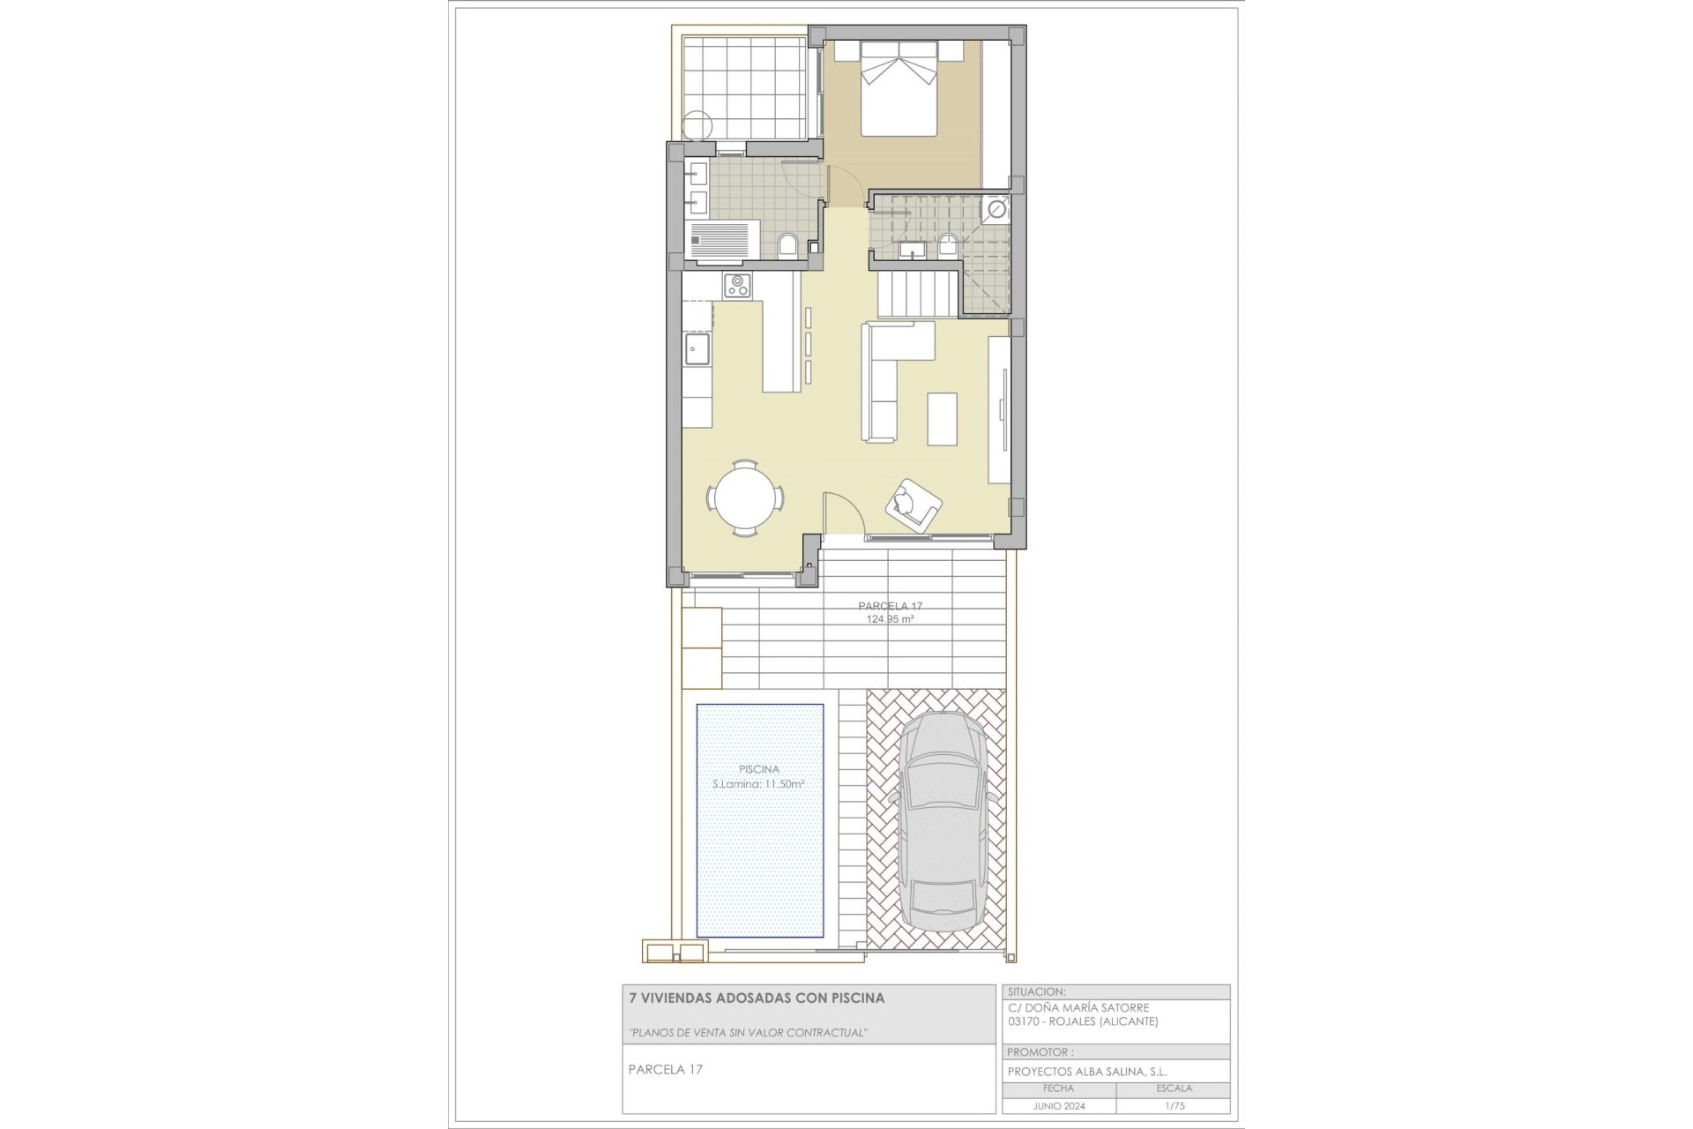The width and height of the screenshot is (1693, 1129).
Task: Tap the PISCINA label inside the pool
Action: (x=758, y=769)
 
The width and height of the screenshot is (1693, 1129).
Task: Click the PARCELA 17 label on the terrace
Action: (x=890, y=606)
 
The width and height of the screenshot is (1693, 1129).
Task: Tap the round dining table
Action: (x=746, y=498)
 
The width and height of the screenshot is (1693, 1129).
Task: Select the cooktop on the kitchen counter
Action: (x=737, y=286)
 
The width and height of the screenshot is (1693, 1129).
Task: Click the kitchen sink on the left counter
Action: (x=697, y=349)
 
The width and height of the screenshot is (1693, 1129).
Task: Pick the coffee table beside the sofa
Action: (x=943, y=418)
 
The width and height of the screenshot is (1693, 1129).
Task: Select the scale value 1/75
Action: (x=1173, y=1106)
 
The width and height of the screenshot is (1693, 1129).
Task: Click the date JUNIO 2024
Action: (x=1059, y=1106)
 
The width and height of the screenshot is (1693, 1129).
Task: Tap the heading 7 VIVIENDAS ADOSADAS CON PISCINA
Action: (x=757, y=998)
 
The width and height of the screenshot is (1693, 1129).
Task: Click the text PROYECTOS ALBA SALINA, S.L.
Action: (x=1087, y=1072)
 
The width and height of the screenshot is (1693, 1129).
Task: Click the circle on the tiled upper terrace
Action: (x=697, y=125)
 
